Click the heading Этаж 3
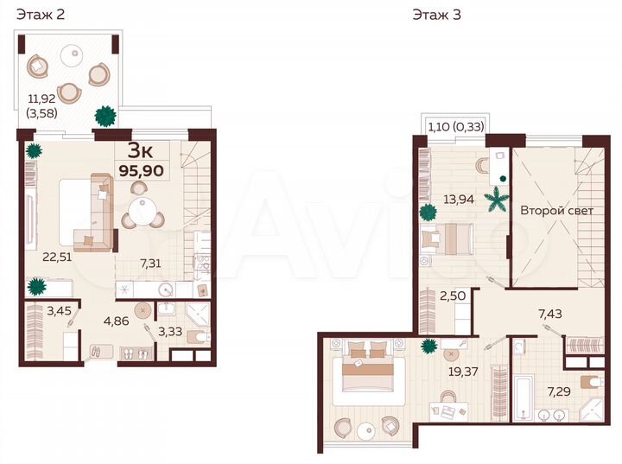[x=437, y=15]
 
